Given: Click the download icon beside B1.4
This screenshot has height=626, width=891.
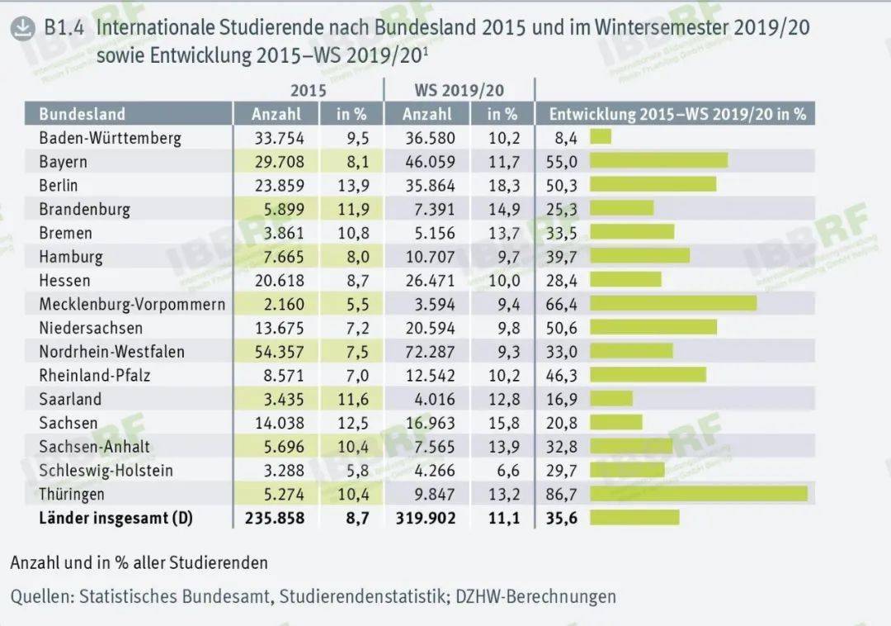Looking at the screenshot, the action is click(x=23, y=28).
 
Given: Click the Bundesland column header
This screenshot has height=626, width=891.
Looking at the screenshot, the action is click(x=82, y=114).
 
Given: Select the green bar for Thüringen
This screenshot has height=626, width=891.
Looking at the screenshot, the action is click(x=699, y=494).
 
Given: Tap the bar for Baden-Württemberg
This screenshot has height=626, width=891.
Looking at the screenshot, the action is click(x=601, y=137).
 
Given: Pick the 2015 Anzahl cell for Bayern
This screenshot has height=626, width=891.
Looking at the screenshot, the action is click(x=279, y=162).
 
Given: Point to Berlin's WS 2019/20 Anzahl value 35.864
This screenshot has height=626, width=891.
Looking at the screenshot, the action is click(x=430, y=186).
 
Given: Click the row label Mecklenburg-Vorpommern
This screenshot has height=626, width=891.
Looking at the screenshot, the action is click(x=132, y=305).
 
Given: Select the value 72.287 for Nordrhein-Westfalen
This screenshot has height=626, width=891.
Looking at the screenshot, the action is click(x=430, y=352).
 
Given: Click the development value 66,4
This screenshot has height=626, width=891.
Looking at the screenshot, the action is click(x=562, y=305).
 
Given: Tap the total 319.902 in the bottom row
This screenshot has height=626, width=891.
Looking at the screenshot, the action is click(x=426, y=518).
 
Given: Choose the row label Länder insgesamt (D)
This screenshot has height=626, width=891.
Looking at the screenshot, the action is click(x=116, y=518).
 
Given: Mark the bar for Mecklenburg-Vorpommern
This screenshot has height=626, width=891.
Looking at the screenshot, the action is click(x=673, y=303).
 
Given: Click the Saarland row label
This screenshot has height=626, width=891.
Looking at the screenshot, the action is click(x=70, y=399).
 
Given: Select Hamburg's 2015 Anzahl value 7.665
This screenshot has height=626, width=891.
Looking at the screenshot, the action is click(x=284, y=257).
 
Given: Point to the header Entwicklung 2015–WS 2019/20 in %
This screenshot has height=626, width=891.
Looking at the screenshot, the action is click(x=677, y=114).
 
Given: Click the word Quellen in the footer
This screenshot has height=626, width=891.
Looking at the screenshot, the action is click(x=42, y=596).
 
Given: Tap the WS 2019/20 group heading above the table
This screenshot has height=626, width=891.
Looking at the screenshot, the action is click(x=460, y=90).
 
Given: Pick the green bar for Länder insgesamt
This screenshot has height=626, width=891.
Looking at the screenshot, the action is click(x=634, y=518).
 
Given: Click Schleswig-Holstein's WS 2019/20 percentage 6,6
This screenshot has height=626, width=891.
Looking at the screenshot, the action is click(x=508, y=471).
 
